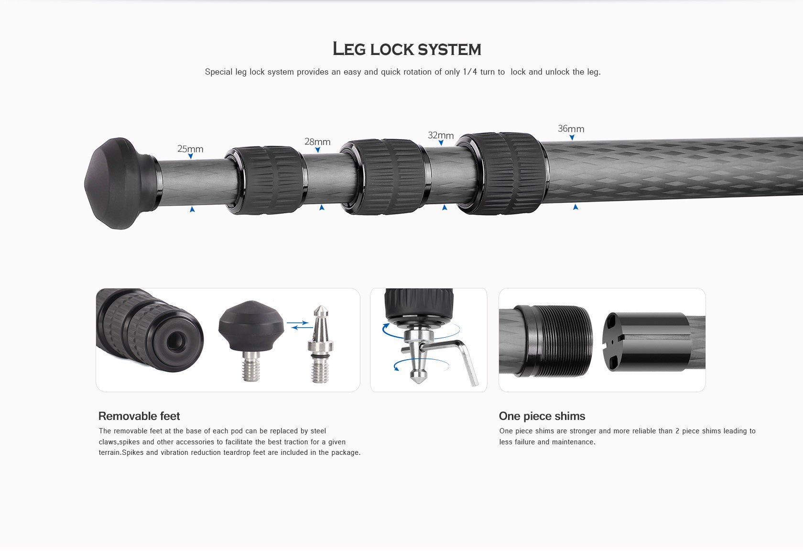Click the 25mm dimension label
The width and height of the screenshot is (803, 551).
(190, 149)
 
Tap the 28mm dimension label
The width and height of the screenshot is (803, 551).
(317, 142)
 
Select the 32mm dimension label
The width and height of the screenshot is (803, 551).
(440, 135)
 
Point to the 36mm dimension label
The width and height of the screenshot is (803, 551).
(571, 129)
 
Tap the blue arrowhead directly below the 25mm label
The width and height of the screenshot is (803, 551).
(191, 156)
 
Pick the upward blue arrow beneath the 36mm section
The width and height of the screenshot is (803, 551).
(575, 207)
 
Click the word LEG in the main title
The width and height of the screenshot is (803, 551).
(349, 49)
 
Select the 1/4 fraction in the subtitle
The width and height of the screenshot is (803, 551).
(470, 72)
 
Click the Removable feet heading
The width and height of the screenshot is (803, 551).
(139, 416)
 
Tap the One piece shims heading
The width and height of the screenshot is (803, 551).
(542, 416)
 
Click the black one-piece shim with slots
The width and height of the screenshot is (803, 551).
(646, 342)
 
